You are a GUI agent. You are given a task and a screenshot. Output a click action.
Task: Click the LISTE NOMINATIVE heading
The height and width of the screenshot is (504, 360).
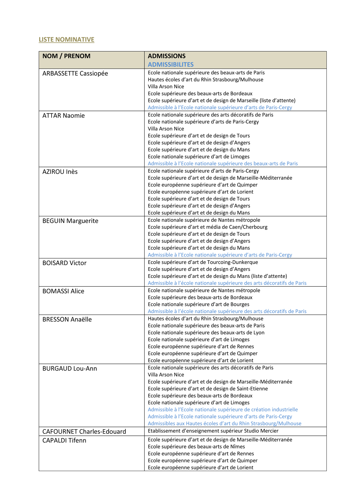tap(66, 40)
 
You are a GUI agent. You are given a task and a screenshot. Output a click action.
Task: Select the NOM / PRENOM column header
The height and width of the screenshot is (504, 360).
tap(66, 56)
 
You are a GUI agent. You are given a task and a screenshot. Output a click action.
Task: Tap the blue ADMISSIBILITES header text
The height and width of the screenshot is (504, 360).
tap(171, 65)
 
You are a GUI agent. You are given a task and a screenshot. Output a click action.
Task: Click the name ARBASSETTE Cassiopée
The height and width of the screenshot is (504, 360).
tap(75, 73)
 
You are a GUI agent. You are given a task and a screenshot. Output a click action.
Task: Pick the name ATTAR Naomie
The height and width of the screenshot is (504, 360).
tap(63, 116)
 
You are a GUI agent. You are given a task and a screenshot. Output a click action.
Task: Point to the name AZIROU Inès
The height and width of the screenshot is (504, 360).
tap(60, 172)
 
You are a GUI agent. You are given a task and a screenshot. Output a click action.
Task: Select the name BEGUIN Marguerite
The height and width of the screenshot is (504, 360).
tap(70, 221)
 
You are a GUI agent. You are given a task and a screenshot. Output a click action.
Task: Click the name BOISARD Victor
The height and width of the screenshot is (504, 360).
tap(64, 263)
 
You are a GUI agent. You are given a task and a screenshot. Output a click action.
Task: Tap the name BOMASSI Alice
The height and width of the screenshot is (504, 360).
tap(63, 291)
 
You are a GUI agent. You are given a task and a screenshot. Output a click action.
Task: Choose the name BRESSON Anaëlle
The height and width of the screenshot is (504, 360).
tap(67, 319)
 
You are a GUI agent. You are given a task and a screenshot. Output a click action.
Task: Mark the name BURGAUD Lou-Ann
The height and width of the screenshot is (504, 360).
tap(70, 369)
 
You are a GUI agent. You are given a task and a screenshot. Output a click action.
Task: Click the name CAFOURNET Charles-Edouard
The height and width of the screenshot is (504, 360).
tap(84, 431)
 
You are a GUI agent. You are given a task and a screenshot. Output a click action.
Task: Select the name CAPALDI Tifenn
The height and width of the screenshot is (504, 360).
tap(64, 440)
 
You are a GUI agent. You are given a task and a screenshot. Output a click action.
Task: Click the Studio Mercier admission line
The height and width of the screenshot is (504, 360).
tap(213, 431)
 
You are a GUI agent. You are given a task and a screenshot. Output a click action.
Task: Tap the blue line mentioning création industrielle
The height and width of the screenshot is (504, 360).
tap(223, 410)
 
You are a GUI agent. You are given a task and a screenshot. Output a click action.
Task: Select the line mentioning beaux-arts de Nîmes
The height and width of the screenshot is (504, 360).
tap(196, 447)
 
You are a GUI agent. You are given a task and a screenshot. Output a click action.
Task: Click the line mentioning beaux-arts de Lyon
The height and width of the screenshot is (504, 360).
tap(206, 333)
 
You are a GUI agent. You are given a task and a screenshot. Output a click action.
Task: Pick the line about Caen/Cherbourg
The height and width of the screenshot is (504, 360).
tap(208, 227)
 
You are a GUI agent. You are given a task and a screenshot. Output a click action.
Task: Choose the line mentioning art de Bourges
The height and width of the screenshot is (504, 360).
tap(198, 304)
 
